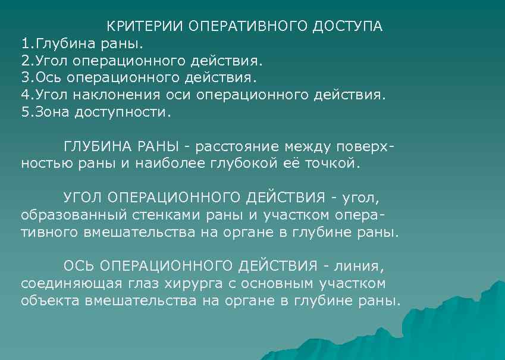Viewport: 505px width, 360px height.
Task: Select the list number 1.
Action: click(25, 44)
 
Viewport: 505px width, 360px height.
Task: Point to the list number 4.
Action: click(25, 95)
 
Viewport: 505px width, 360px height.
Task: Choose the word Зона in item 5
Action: click(52, 112)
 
